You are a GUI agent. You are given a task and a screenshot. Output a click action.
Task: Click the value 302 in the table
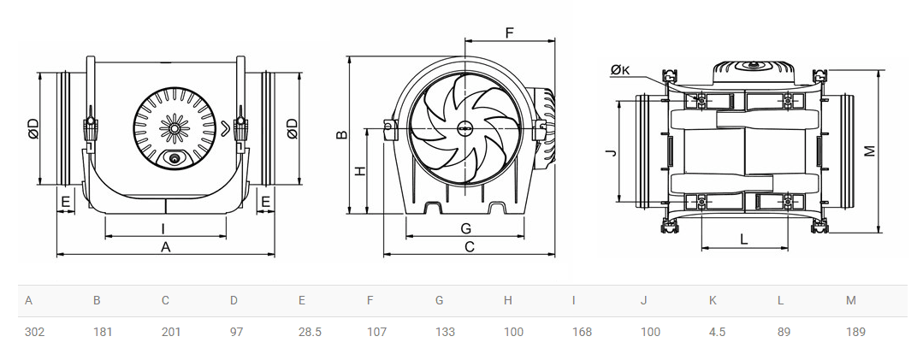[x=34, y=332]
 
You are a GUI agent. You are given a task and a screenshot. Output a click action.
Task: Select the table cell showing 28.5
[x=310, y=332]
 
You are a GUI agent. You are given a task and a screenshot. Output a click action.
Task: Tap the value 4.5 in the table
[x=717, y=332]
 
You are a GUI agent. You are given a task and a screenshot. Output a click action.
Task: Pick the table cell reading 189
[x=855, y=332]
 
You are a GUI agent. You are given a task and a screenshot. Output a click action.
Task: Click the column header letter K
[x=713, y=300]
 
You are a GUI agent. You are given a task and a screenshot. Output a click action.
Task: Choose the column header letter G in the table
[x=439, y=300]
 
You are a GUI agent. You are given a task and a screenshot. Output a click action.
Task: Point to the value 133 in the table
[x=445, y=332]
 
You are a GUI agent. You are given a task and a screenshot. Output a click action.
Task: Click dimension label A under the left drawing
[x=165, y=247]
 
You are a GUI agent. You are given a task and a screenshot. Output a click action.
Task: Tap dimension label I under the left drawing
[x=163, y=228]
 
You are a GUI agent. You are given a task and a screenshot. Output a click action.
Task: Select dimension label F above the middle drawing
[x=509, y=32]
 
